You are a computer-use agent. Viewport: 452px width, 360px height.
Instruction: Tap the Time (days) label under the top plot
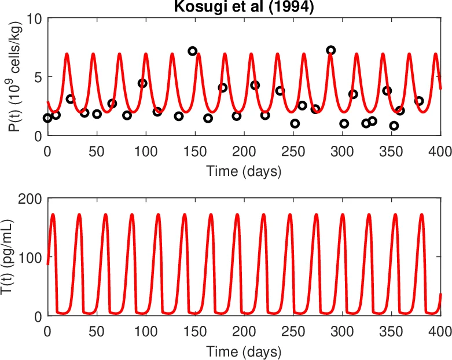pyautogui.click(x=244, y=171)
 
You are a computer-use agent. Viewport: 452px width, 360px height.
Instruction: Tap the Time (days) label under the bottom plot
pyautogui.click(x=244, y=351)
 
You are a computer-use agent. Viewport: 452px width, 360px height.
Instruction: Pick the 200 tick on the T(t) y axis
pyautogui.click(x=31, y=199)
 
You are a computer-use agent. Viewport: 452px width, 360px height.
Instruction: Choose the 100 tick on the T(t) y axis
pyautogui.click(x=31, y=257)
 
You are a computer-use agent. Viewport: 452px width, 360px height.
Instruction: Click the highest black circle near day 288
pyautogui.click(x=330, y=50)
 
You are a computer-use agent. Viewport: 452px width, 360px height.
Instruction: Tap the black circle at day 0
pyautogui.click(x=47, y=118)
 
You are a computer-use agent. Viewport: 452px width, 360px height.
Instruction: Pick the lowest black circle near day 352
pyautogui.click(x=394, y=126)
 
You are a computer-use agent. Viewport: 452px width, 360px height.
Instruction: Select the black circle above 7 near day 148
pyautogui.click(x=193, y=51)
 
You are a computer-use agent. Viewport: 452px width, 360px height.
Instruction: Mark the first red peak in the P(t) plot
pyautogui.click(x=67, y=54)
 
